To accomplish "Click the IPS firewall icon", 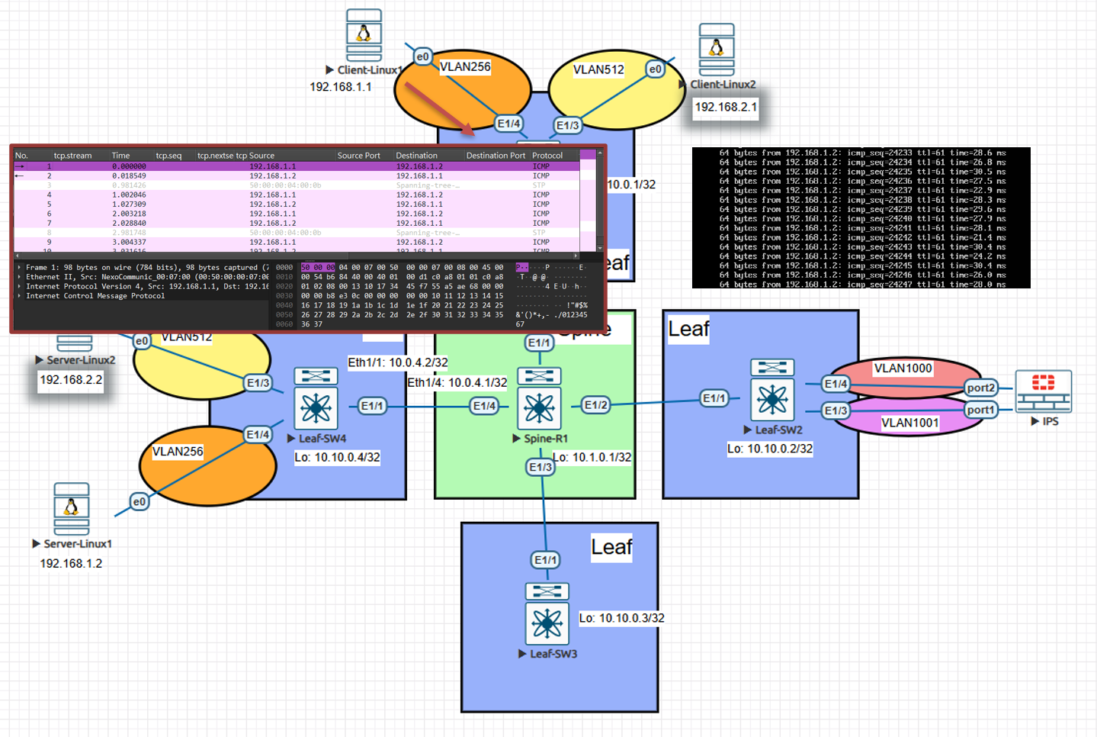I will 1044,391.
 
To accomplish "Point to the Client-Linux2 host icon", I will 717,50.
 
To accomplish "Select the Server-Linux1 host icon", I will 72,509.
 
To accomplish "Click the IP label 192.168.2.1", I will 726,107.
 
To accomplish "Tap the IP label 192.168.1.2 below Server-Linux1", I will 71,563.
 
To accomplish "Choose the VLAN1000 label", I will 903,368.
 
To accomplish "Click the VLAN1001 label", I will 909,423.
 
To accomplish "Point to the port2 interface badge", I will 980,388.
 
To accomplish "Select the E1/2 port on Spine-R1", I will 596,405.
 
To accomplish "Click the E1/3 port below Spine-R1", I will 540,467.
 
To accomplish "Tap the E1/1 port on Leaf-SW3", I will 545,560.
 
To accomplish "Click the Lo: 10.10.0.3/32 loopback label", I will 621,618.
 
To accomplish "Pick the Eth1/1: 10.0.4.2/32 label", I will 397,362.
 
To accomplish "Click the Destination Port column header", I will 496,156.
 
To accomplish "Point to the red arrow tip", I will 473,135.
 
